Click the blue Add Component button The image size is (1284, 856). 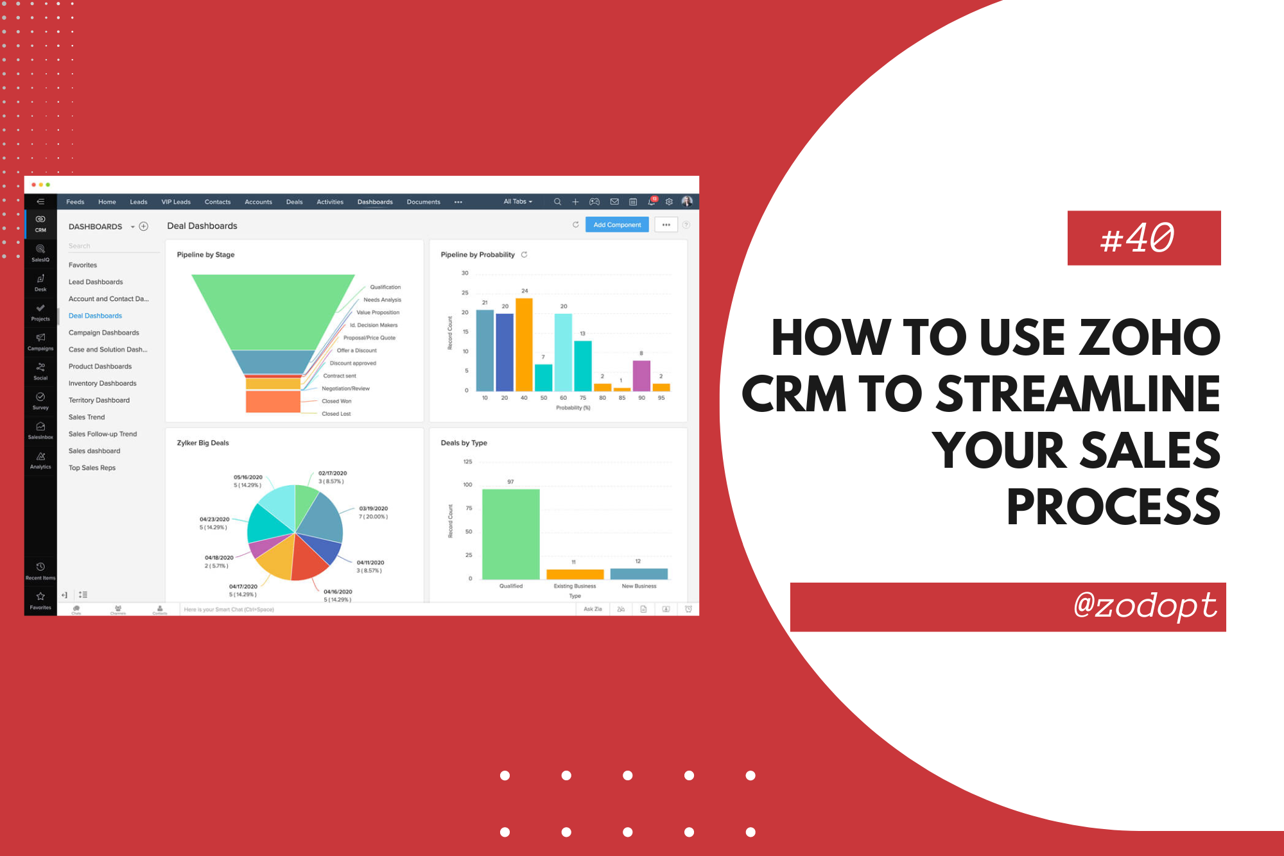click(617, 225)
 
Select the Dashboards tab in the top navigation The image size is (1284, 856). click(375, 202)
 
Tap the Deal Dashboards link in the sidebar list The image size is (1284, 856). click(95, 316)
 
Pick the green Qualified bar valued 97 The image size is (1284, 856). click(510, 534)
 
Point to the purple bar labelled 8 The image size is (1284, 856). click(641, 375)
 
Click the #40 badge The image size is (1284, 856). click(1143, 238)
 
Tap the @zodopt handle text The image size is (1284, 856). click(1145, 606)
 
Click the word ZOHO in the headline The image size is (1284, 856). click(1149, 338)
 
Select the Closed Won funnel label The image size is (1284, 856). click(336, 401)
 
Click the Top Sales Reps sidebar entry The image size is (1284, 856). click(92, 468)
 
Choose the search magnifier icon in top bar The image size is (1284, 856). click(557, 202)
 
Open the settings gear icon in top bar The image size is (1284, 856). click(669, 202)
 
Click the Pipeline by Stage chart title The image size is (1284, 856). click(205, 255)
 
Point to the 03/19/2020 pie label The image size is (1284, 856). click(373, 509)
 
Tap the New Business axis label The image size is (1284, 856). click(639, 586)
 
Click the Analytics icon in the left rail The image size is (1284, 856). click(40, 460)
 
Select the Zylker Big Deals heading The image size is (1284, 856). click(203, 443)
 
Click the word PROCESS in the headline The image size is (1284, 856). click(1113, 508)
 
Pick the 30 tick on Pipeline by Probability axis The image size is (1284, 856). click(465, 273)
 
